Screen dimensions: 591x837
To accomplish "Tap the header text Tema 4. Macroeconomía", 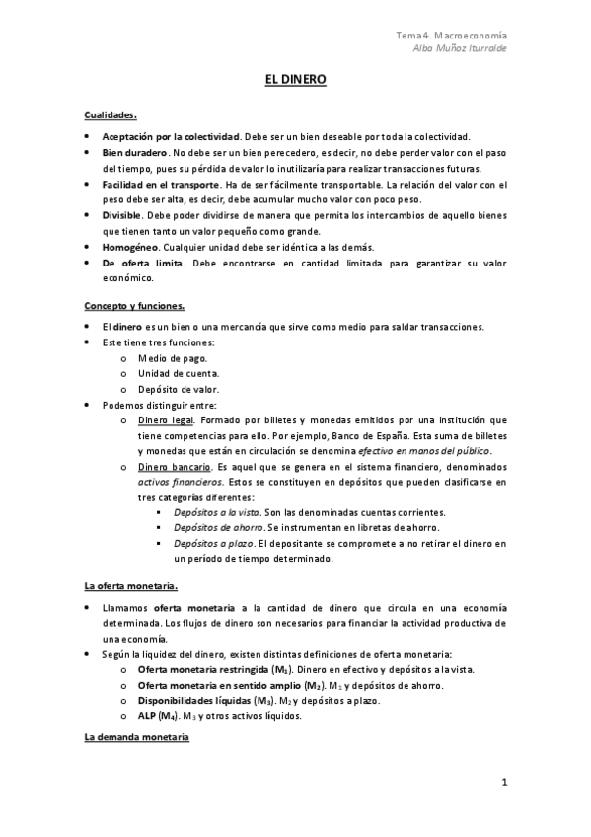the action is [x=452, y=36].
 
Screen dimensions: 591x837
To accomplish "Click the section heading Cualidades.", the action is [x=111, y=114].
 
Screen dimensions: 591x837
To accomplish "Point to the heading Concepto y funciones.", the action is [x=134, y=306].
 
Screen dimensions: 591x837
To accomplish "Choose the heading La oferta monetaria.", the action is [x=130, y=587].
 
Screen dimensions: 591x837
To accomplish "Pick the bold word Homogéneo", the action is [x=129, y=246].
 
